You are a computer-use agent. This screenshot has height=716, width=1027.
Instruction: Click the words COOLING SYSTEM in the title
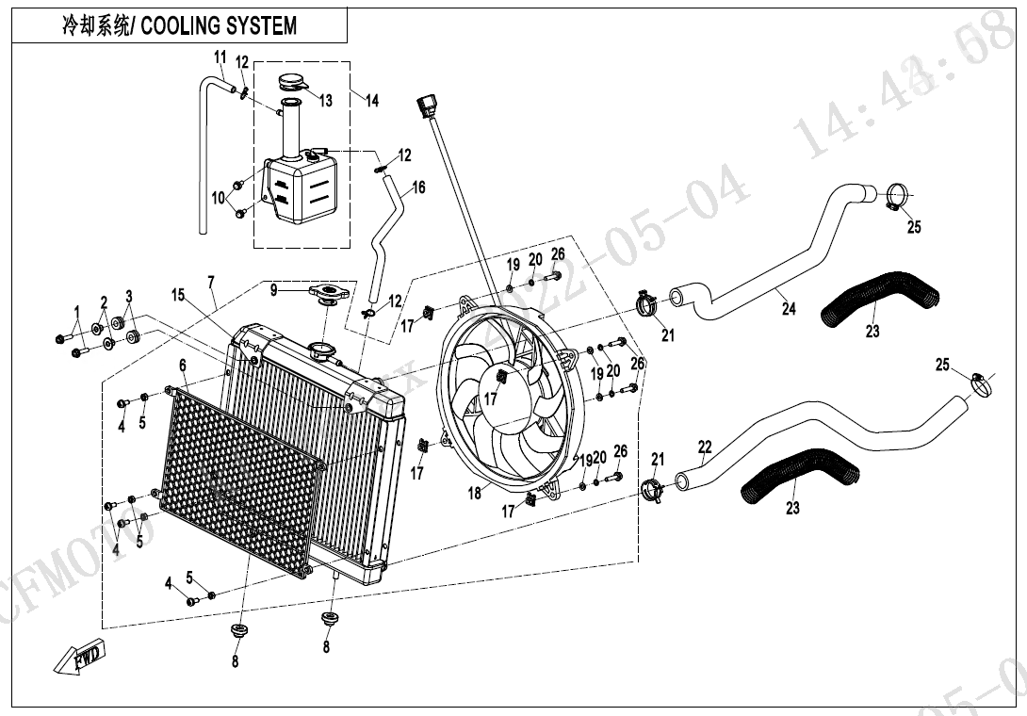219,25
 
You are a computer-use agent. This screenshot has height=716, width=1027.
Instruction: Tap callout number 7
211,282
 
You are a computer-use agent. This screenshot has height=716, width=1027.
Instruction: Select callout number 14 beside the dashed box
372,100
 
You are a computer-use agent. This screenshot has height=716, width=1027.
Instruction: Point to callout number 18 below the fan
475,493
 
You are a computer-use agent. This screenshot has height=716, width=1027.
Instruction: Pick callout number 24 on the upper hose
789,308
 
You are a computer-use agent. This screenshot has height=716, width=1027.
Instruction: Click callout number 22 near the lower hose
705,447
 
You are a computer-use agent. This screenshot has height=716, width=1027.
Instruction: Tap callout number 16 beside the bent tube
418,187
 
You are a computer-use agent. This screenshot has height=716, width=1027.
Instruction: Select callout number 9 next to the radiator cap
273,290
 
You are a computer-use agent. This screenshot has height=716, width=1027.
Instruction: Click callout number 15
177,296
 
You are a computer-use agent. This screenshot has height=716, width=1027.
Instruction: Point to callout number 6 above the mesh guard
183,365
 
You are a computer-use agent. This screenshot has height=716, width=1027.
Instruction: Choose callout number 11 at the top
220,56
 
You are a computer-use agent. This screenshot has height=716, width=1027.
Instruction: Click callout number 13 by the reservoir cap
325,101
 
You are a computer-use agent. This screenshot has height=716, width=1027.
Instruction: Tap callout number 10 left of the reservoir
219,198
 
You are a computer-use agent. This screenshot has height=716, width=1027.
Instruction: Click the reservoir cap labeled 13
291,82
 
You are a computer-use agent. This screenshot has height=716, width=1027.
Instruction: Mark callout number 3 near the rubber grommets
129,297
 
